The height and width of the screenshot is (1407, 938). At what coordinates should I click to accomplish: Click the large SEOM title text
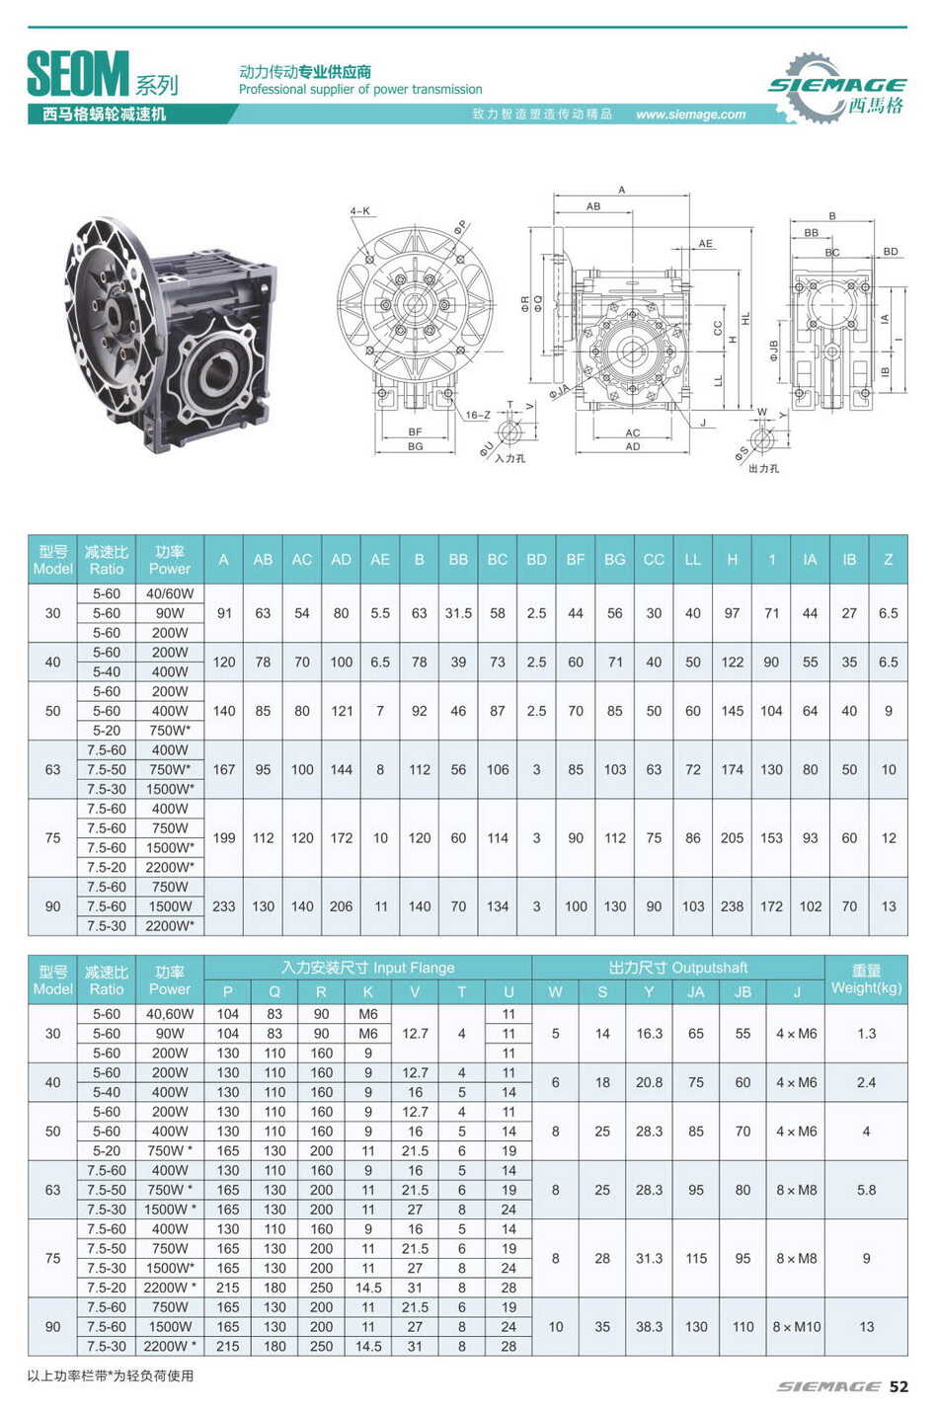77,74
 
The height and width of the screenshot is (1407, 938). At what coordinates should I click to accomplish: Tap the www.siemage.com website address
690,115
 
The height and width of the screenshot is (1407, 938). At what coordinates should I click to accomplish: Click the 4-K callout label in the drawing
360,211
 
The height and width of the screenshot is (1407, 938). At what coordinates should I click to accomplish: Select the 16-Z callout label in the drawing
478,415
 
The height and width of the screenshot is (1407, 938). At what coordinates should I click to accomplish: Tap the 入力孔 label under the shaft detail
510,458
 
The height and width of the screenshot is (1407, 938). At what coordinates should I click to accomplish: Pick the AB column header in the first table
263,560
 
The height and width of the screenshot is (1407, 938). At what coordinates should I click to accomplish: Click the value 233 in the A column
224,906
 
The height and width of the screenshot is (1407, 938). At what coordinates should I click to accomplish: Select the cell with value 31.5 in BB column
458,613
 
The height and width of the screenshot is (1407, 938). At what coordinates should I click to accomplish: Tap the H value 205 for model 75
732,838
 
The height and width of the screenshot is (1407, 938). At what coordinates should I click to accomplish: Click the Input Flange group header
367,968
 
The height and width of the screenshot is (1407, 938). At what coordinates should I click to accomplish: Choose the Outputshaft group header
678,968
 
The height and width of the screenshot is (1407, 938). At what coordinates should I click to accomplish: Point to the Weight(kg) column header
866,979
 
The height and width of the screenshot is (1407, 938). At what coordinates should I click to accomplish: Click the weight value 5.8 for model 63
866,1190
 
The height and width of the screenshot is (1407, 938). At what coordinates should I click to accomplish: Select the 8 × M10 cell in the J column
796,1327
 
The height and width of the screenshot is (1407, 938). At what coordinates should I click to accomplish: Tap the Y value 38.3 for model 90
649,1327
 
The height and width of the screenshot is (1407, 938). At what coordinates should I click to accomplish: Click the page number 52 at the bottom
898,1386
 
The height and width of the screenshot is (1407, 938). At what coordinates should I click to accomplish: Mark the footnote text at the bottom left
111,1375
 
